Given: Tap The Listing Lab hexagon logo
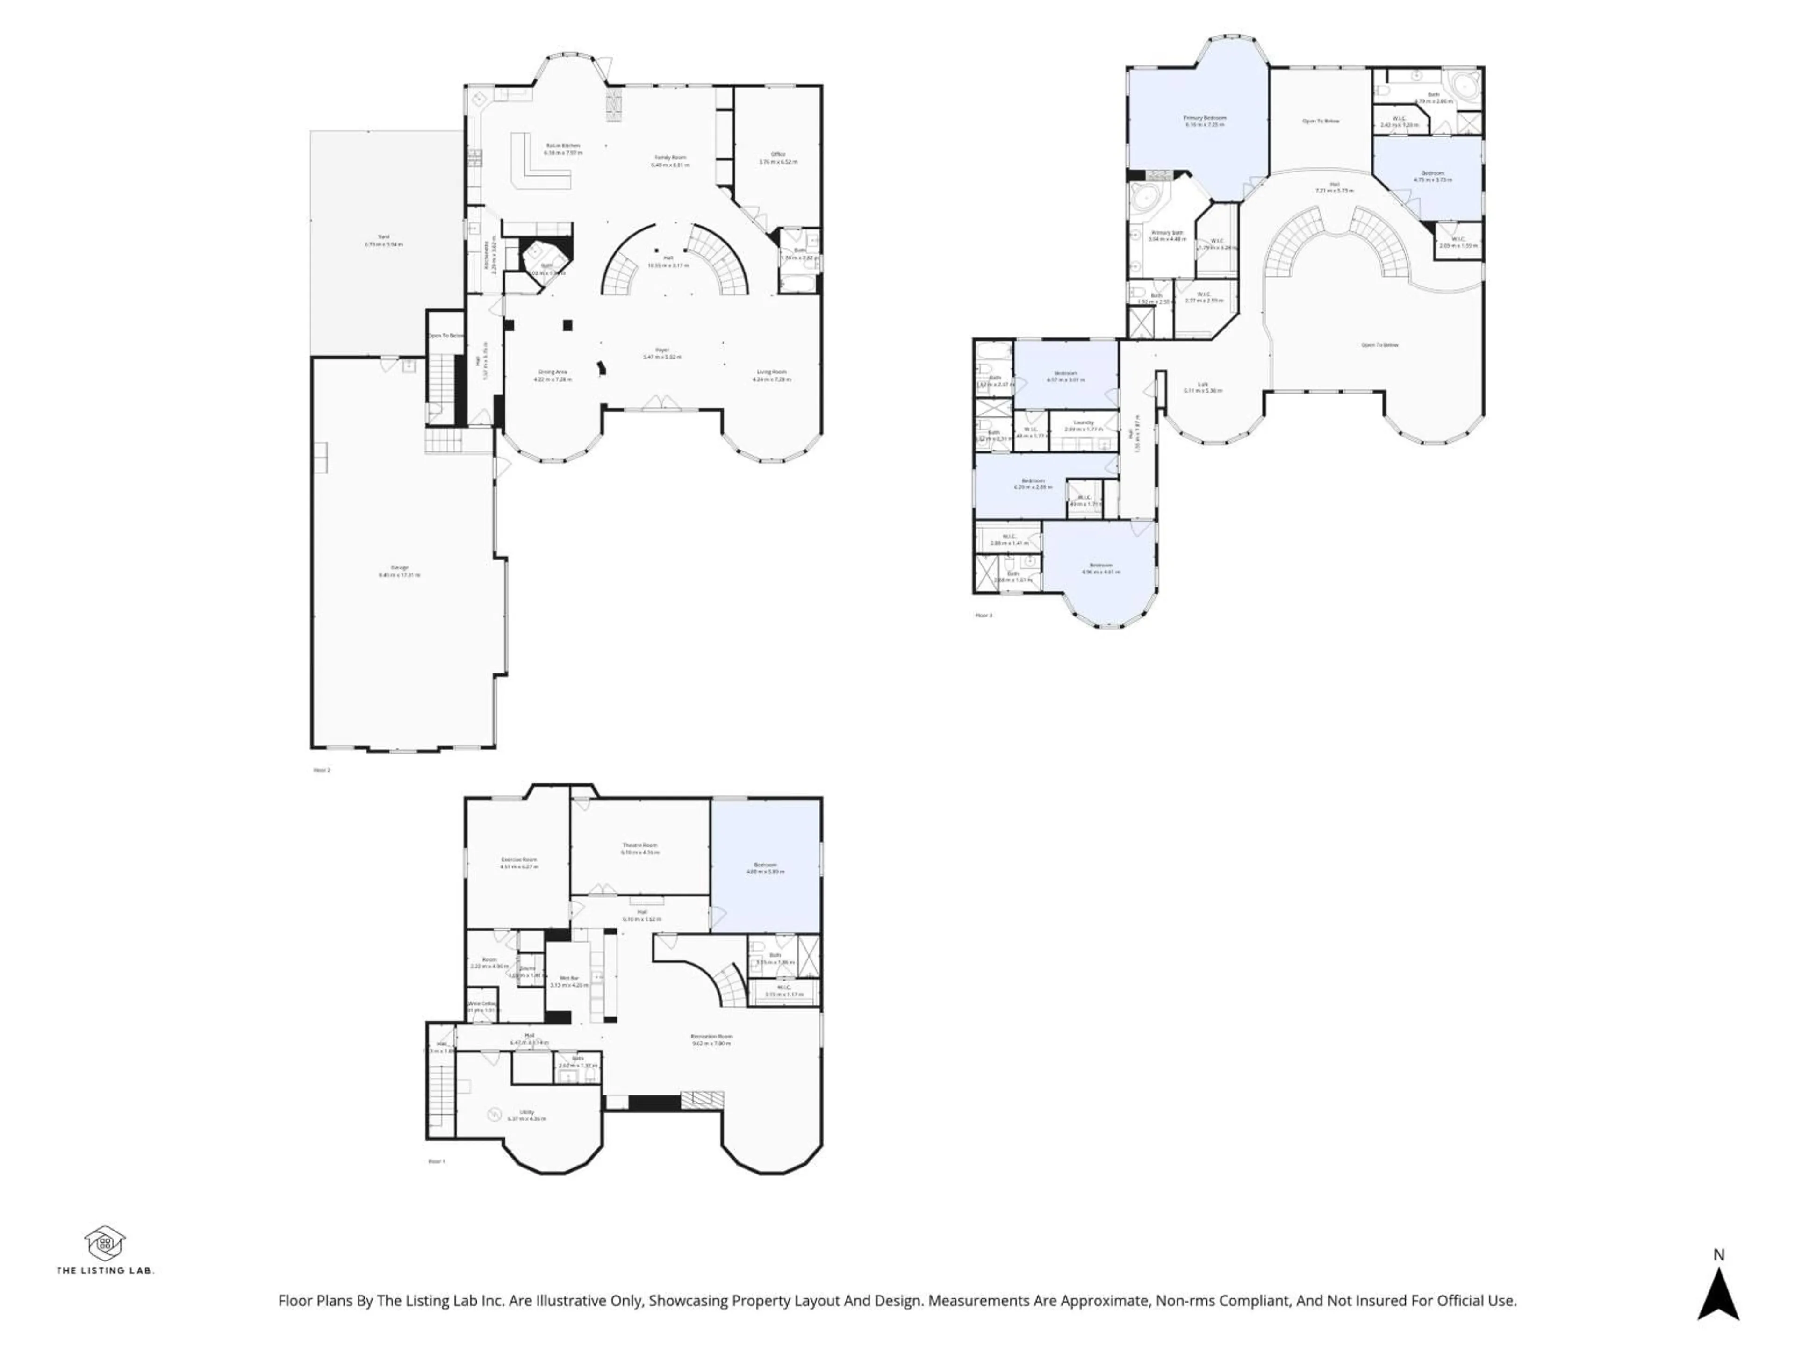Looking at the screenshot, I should tap(105, 1243).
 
